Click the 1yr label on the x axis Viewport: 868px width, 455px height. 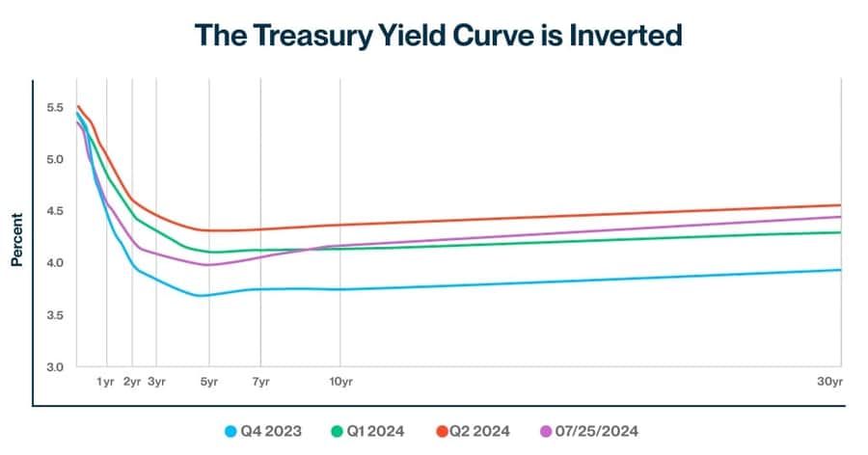(106, 383)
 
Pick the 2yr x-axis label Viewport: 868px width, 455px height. (132, 383)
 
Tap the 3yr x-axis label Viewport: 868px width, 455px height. (156, 383)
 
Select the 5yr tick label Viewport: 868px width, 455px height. (209, 383)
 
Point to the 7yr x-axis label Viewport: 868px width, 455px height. (260, 383)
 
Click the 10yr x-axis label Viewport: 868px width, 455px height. (339, 383)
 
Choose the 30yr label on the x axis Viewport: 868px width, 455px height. (830, 383)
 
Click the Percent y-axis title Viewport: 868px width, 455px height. (17, 238)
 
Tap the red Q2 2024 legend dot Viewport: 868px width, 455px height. (443, 431)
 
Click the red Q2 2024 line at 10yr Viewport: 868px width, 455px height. (339, 226)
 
